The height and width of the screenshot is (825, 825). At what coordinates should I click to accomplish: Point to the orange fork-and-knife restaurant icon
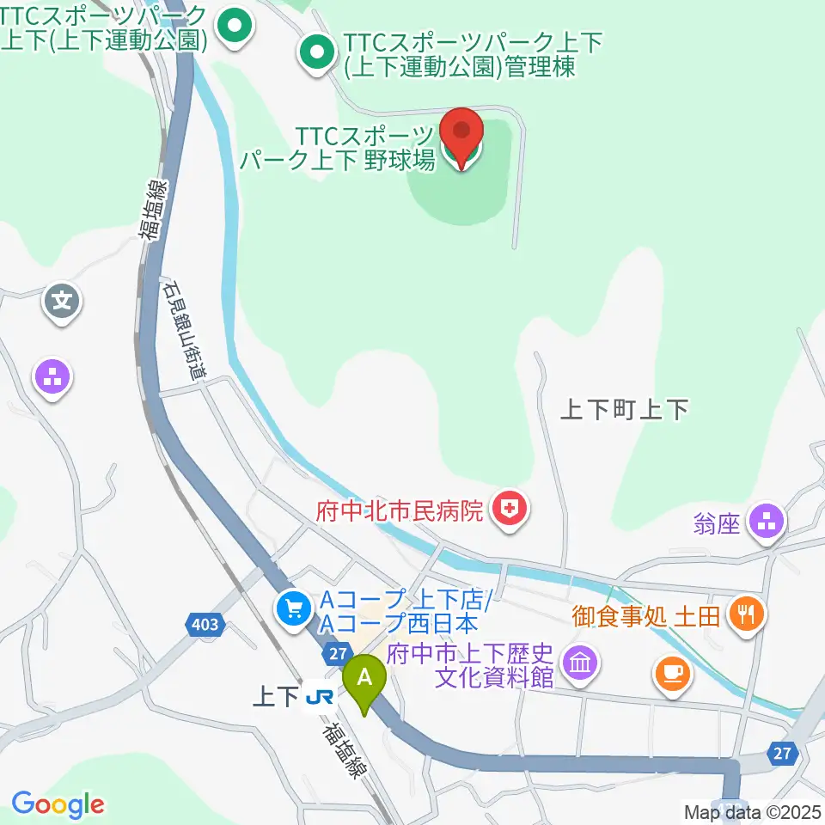click(x=744, y=614)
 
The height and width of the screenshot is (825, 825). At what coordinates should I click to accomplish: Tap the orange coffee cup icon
click(x=672, y=672)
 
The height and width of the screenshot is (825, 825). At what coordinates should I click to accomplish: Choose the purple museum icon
click(x=580, y=663)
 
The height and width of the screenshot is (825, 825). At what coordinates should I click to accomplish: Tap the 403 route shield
click(x=205, y=625)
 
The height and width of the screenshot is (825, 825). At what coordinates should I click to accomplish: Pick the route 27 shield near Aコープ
click(x=336, y=655)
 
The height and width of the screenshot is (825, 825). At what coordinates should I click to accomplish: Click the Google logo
click(x=58, y=804)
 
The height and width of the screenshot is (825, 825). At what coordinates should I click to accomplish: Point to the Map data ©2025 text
click(x=753, y=811)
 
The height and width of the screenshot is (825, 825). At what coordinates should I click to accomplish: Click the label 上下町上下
click(x=624, y=410)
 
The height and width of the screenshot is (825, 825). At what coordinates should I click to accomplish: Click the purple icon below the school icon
click(x=53, y=376)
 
